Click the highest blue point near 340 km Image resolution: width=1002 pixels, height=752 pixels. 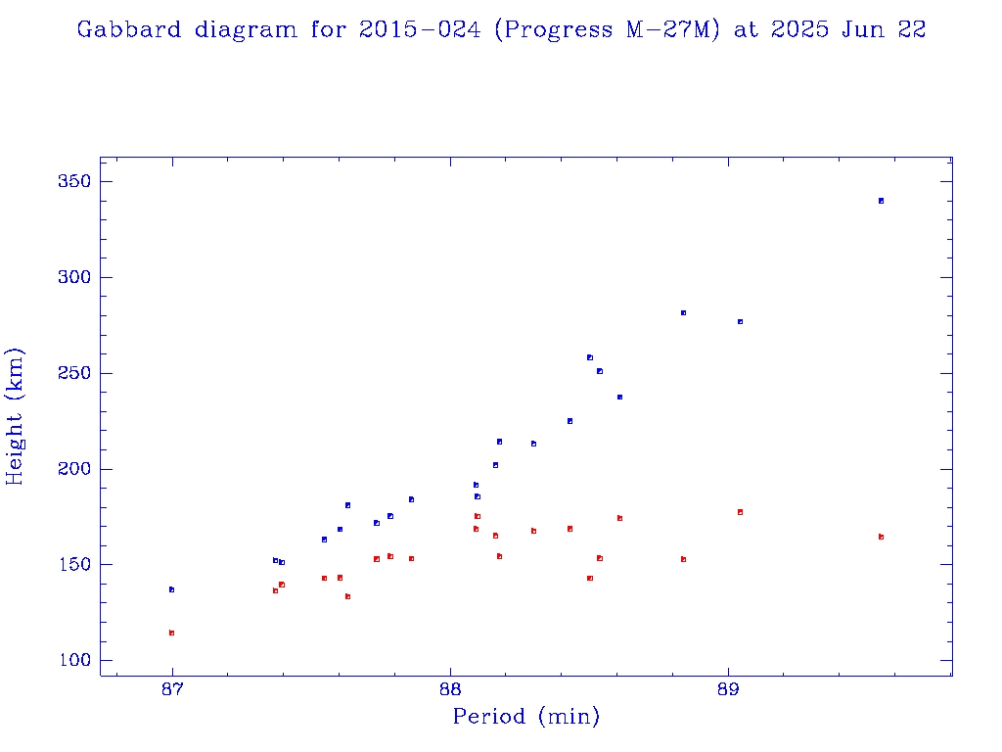coord(881,201)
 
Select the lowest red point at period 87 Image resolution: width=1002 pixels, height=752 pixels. coord(171,633)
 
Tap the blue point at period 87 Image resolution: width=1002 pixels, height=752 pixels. coord(171,589)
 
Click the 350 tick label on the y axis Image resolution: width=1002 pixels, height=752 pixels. coord(74,182)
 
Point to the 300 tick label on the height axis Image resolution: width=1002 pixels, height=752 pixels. coord(74,278)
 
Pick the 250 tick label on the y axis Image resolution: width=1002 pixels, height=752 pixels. coord(74,374)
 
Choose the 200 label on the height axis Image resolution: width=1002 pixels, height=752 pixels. coord(74,469)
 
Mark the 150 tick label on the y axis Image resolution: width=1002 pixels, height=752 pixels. coord(74,565)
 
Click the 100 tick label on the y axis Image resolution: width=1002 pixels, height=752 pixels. coord(74,661)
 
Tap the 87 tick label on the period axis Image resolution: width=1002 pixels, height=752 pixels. coord(172,688)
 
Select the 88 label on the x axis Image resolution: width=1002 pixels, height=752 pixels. coord(450,688)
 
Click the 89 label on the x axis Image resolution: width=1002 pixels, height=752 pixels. coord(728,688)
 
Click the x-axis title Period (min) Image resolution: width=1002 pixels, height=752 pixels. coord(526,717)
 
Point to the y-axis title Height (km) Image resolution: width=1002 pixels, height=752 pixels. coord(15,416)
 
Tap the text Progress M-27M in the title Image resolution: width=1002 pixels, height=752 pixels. coord(607,29)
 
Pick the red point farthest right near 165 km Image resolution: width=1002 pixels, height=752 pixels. coord(881,537)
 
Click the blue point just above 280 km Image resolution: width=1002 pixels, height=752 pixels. coord(683,312)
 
